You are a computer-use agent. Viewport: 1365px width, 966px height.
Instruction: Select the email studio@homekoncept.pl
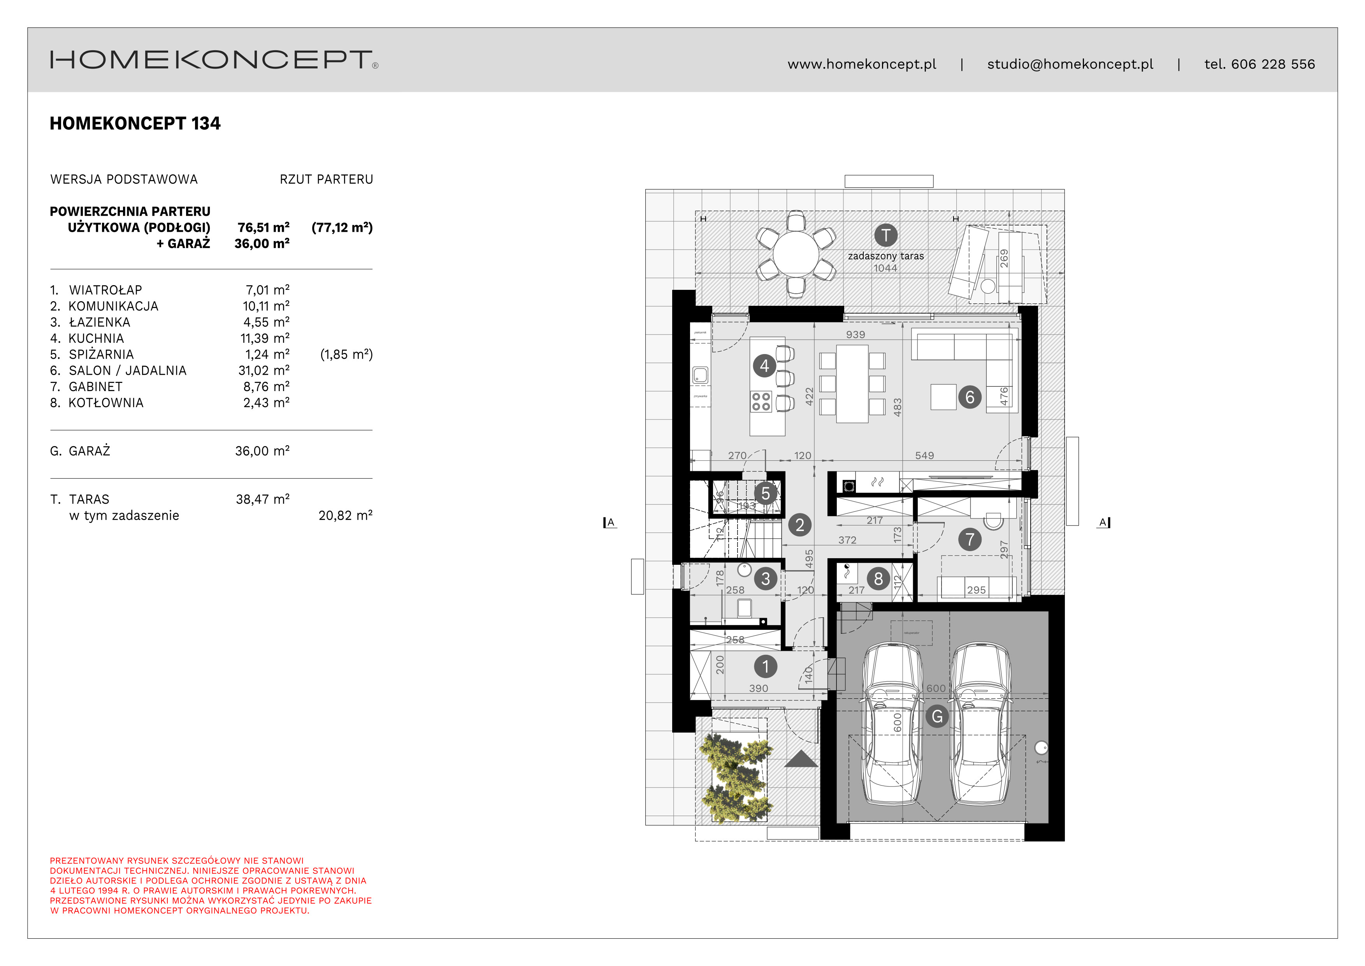point(1070,64)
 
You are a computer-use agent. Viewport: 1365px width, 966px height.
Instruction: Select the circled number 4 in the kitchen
point(764,365)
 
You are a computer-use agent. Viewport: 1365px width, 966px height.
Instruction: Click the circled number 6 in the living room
point(970,397)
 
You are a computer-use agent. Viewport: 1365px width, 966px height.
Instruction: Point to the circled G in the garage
point(937,716)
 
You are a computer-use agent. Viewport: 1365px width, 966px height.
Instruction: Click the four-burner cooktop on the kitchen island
point(761,402)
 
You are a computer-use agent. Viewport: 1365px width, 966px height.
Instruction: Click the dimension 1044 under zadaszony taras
point(885,268)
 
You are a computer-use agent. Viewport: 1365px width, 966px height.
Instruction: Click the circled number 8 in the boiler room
point(878,578)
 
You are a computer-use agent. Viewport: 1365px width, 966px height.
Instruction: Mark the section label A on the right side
point(1103,522)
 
